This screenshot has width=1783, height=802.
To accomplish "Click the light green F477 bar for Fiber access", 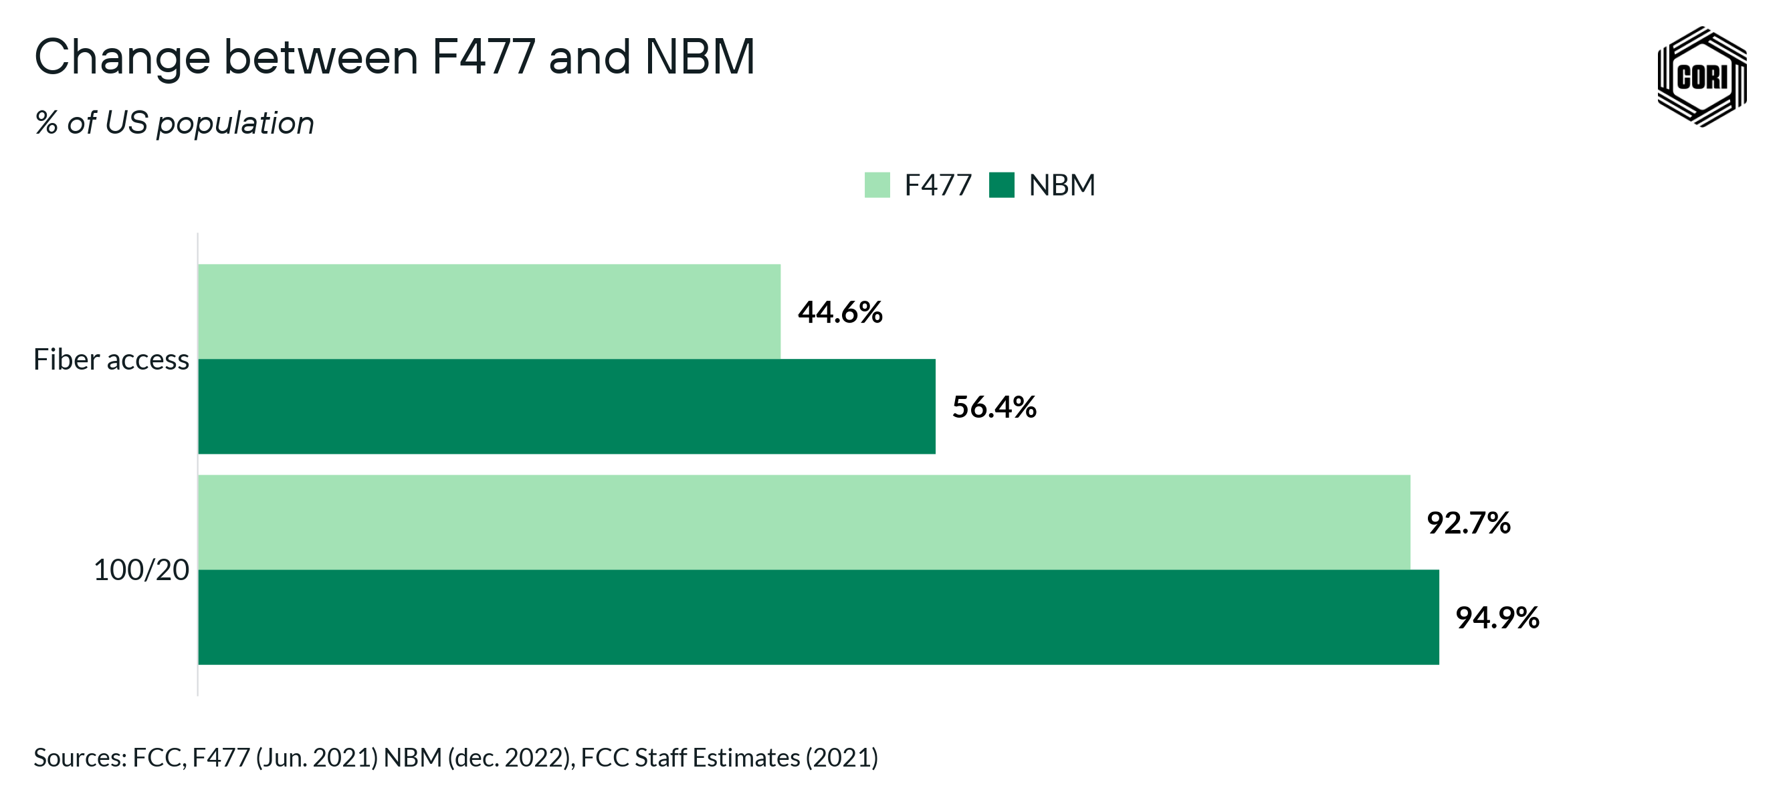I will pyautogui.click(x=489, y=311).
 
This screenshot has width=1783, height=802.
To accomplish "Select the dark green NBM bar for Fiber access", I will pyautogui.click(x=566, y=406).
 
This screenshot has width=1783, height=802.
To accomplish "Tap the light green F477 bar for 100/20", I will pyautogui.click(x=804, y=522).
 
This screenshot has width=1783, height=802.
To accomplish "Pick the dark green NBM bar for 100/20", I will pyautogui.click(x=818, y=617).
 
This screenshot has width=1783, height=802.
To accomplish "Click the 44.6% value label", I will pyautogui.click(x=840, y=312).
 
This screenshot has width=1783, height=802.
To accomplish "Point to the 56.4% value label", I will pyautogui.click(x=994, y=407).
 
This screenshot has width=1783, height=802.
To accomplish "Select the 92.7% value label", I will pyautogui.click(x=1468, y=523).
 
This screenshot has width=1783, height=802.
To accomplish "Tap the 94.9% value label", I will pyautogui.click(x=1497, y=618).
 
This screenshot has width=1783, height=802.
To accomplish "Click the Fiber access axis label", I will pyautogui.click(x=111, y=360).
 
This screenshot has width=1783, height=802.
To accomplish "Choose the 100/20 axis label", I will pyautogui.click(x=141, y=570).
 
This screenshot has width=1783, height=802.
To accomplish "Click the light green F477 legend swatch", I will pyautogui.click(x=877, y=185).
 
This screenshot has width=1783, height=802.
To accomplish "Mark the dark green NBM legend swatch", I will pyautogui.click(x=1002, y=185).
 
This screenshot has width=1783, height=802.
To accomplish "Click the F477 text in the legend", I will pyautogui.click(x=938, y=185).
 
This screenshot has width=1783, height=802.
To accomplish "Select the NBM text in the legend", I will pyautogui.click(x=1062, y=185).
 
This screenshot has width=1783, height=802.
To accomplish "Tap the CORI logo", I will pyautogui.click(x=1701, y=76).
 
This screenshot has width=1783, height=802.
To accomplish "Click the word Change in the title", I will pyautogui.click(x=122, y=58).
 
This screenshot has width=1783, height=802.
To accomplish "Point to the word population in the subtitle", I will pyautogui.click(x=235, y=124).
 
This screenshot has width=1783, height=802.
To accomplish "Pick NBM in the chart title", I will pyautogui.click(x=699, y=57).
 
